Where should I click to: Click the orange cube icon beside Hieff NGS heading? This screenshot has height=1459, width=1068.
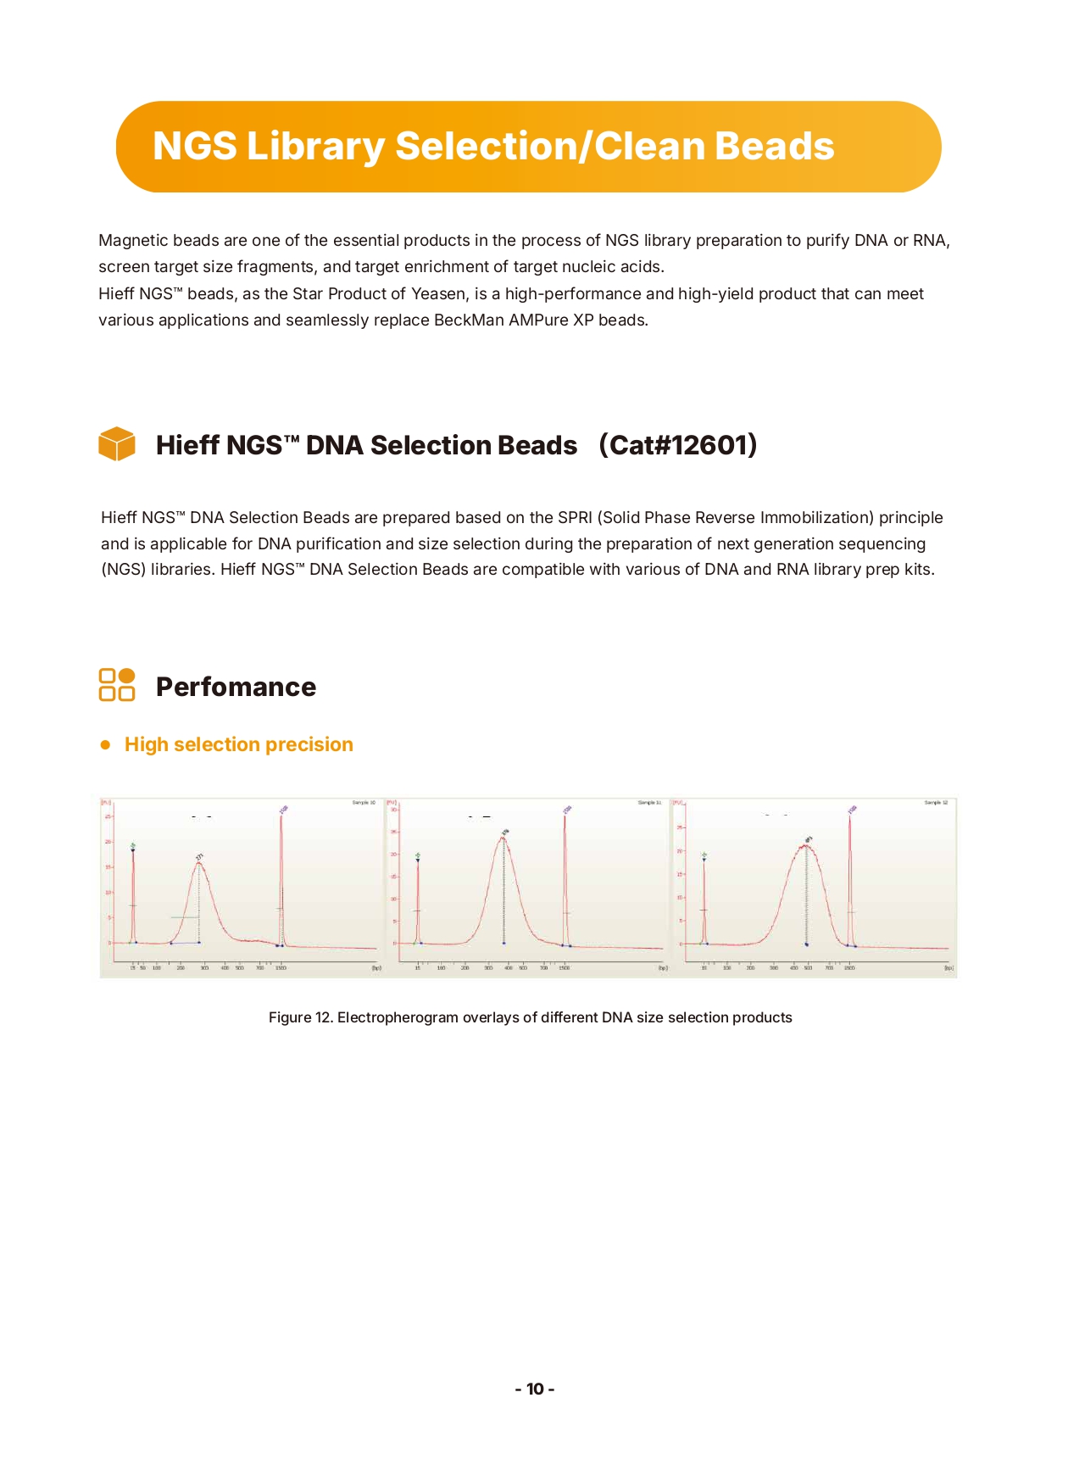click(117, 444)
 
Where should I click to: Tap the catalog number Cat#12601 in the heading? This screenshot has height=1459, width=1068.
click(678, 445)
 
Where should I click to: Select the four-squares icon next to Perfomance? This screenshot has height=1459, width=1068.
click(117, 685)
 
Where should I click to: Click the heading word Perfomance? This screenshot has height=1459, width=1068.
click(236, 687)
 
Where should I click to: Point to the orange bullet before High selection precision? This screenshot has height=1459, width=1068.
click(106, 745)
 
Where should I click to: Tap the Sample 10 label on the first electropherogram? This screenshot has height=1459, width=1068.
click(364, 802)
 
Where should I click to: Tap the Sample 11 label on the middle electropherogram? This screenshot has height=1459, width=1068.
click(649, 802)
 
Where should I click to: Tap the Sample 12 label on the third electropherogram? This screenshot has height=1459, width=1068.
click(936, 802)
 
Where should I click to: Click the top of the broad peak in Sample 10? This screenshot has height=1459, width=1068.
click(199, 863)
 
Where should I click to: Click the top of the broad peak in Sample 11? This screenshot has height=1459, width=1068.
click(503, 838)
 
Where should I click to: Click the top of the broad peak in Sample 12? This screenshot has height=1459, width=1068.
click(806, 845)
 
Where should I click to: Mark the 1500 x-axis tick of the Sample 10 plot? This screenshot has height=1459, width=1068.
click(281, 968)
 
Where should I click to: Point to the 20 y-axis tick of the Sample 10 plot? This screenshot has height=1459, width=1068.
click(108, 842)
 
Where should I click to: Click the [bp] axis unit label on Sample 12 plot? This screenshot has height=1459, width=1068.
click(949, 968)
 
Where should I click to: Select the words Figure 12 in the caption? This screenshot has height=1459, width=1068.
click(299, 1017)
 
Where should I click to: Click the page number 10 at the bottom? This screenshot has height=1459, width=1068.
click(535, 1389)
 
